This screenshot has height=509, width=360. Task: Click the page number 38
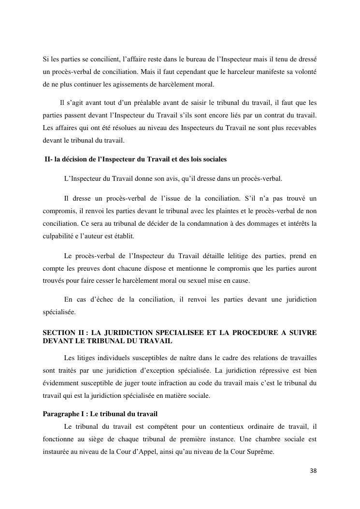[313, 471]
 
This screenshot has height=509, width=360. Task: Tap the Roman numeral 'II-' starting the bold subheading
[48, 159]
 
